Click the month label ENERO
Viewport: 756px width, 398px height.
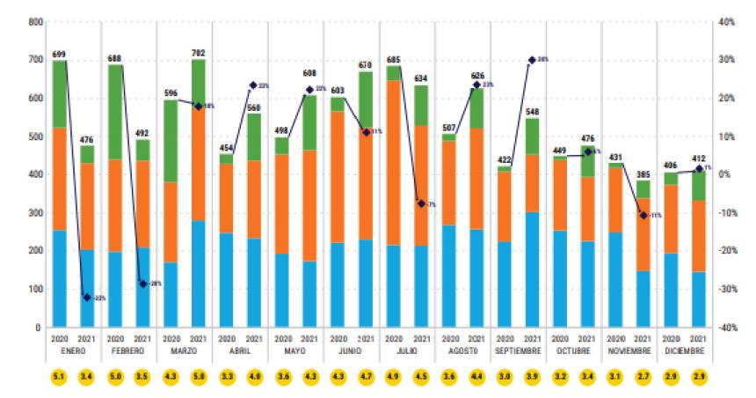tap(73, 350)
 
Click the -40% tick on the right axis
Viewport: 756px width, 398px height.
tap(727, 328)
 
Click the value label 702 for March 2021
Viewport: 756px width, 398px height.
tap(199, 53)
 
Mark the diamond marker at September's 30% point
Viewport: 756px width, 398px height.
tap(532, 60)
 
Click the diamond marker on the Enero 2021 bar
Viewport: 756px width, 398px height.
tap(87, 298)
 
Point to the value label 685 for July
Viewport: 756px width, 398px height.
tap(393, 60)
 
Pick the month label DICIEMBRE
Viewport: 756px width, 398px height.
tap(684, 350)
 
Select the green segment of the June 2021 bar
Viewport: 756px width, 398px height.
tap(365, 97)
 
